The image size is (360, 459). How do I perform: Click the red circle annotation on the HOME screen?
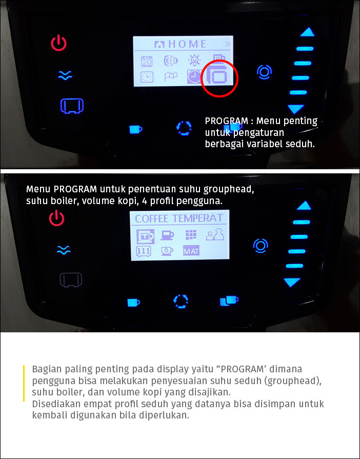pos(201,78)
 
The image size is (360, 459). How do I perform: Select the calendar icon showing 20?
pos(147,61)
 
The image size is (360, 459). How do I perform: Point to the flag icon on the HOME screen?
pos(171,77)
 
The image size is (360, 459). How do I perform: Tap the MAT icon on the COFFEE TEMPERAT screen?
pos(191,251)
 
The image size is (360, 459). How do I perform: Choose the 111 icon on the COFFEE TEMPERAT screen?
pos(144,251)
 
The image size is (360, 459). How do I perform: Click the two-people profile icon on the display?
pos(214,234)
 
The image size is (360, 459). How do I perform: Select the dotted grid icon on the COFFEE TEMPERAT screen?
pos(191,234)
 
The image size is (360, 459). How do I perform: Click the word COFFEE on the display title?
pos(152,218)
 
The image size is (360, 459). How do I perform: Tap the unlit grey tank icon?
pos(71,280)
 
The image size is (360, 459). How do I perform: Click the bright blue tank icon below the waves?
pos(72,106)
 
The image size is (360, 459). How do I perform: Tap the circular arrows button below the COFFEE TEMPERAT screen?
pos(181,302)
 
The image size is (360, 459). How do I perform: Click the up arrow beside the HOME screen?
pos(307,32)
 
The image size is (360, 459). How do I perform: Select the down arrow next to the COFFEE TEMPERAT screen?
pos(292,282)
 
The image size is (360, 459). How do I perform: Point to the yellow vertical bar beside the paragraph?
pos(24,383)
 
